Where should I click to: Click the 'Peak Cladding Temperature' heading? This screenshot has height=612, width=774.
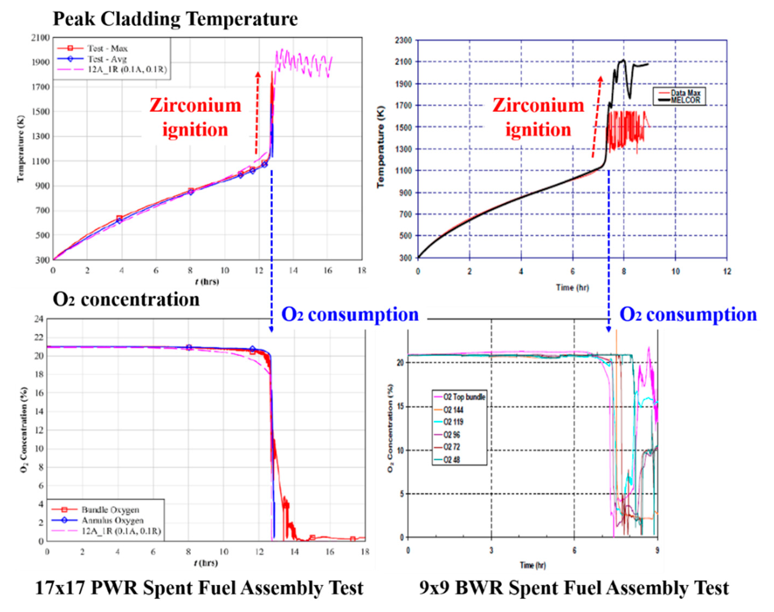pyautogui.click(x=175, y=19)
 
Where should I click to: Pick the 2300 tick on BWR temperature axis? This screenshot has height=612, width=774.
pyautogui.click(x=405, y=40)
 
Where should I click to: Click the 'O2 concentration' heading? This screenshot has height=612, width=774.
pyautogui.click(x=126, y=299)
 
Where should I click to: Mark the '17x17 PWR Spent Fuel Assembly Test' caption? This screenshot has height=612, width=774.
pyautogui.click(x=200, y=588)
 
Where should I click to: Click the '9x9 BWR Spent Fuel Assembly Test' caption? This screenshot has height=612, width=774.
pyautogui.click(x=574, y=588)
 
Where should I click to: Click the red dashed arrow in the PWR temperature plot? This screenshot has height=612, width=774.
pyautogui.click(x=257, y=113)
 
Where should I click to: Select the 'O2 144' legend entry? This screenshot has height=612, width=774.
pyautogui.click(x=453, y=410)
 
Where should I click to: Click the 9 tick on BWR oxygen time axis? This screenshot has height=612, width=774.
pyautogui.click(x=657, y=550)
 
